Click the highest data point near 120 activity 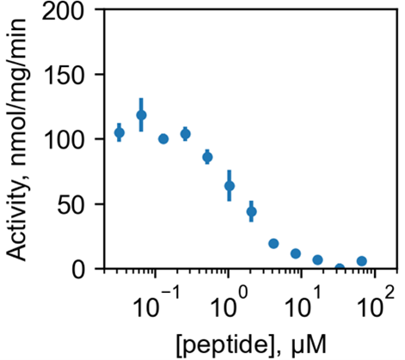141,115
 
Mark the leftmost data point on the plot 120,132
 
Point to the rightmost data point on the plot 362,261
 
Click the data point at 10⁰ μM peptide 230,186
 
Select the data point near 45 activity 251,211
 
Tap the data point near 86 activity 207,157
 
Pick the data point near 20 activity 273,244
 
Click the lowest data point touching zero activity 340,268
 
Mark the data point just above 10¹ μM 317,259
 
